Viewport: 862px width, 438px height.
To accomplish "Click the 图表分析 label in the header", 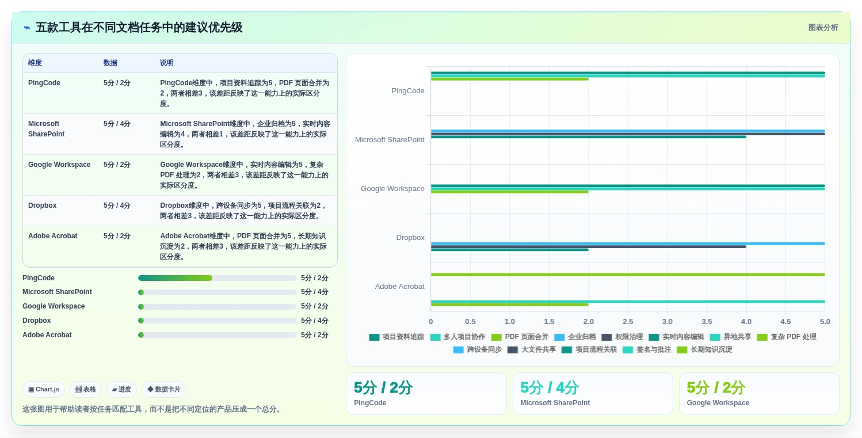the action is click(x=823, y=28).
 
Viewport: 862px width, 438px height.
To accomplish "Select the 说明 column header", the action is click(x=167, y=63).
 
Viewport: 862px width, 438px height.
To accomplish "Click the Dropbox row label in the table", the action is click(x=43, y=205).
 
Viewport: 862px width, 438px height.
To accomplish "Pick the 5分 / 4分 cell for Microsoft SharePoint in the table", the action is click(x=117, y=124).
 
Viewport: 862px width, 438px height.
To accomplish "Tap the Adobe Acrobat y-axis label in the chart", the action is click(x=399, y=287).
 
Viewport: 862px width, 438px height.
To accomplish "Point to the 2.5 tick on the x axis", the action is click(x=628, y=321).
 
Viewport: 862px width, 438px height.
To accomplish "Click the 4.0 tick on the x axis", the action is click(x=746, y=321).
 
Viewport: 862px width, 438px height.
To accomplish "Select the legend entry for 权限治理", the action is click(x=622, y=337).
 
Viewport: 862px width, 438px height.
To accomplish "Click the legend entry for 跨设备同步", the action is click(x=478, y=349).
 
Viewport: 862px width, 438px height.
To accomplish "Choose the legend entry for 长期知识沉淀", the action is click(x=704, y=349).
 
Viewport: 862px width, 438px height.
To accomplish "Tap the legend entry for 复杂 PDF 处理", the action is click(x=787, y=337).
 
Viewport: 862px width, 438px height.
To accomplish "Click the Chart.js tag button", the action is click(x=44, y=389).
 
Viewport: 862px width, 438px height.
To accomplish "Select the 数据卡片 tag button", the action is click(x=164, y=389).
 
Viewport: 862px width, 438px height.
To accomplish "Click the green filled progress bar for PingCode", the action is click(x=175, y=278).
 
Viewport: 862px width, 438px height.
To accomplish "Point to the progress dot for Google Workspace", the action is click(x=141, y=307).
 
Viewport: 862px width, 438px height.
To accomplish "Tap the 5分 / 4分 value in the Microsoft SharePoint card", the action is click(x=549, y=387).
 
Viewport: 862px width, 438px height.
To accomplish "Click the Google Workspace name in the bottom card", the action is click(x=718, y=402).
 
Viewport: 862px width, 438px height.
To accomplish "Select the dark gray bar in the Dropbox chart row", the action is click(x=589, y=247).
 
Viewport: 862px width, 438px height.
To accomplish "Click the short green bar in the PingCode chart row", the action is click(x=509, y=79).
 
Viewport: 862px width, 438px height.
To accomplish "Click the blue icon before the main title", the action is click(x=27, y=28).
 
